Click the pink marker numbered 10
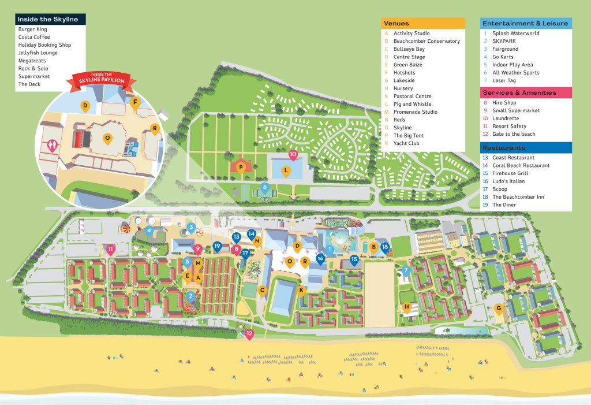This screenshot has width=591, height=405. click(x=293, y=154)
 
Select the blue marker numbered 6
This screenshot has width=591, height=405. click(x=265, y=187)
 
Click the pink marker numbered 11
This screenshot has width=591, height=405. click(x=110, y=248)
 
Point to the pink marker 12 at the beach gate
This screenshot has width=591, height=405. click(x=249, y=333)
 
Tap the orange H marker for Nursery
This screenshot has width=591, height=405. click(x=406, y=307)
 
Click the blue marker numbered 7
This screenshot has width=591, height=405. click(x=406, y=270)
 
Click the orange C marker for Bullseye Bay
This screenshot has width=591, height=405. click(x=263, y=291)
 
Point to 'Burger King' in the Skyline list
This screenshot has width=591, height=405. click(x=32, y=29)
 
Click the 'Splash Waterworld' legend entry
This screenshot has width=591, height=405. click(x=515, y=34)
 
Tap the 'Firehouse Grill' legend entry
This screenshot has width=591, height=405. click(x=510, y=173)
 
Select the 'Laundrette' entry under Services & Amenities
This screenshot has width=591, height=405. click(x=505, y=118)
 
